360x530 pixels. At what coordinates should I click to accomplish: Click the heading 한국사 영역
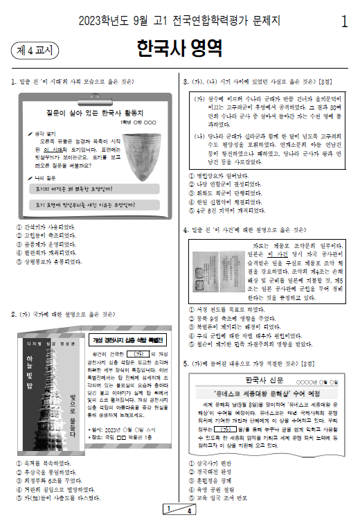(x=179, y=49)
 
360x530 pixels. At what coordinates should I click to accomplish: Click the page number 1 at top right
(x=344, y=21)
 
